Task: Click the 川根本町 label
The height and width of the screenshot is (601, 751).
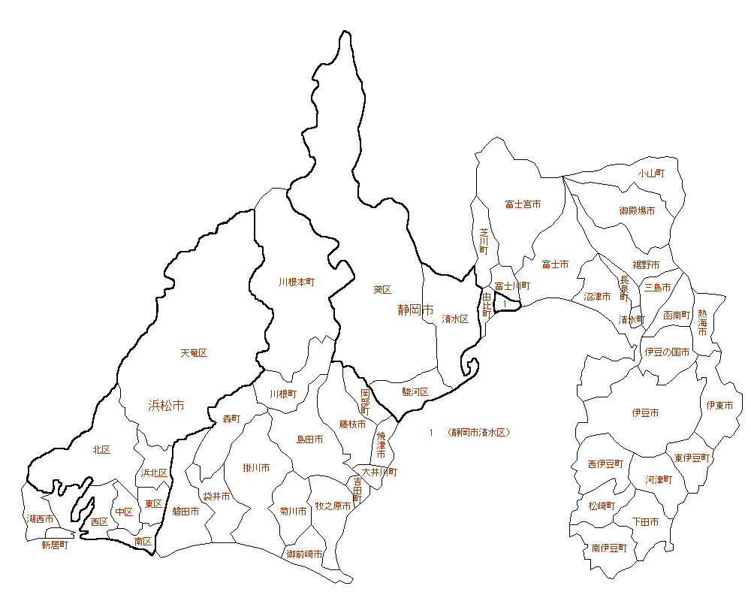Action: click(x=297, y=282)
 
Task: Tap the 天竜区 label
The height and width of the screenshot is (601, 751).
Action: click(x=194, y=353)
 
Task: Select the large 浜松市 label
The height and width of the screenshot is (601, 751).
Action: click(x=166, y=406)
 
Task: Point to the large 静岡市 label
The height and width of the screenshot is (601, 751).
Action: click(x=416, y=310)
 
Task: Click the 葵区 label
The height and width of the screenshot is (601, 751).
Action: click(x=382, y=289)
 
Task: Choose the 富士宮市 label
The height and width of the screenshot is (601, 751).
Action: click(x=523, y=204)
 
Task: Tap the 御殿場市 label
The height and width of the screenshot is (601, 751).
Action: click(x=637, y=211)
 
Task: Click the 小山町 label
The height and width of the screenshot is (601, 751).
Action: click(x=652, y=173)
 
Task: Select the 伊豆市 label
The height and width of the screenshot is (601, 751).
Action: click(x=646, y=413)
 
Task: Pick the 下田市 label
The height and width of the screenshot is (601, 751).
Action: click(x=646, y=521)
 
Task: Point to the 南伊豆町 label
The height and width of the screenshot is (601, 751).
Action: click(x=609, y=548)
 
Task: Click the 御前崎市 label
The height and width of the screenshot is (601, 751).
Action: click(x=305, y=554)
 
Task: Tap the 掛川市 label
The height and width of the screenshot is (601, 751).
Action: click(x=257, y=468)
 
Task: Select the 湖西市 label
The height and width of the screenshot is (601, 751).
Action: click(x=40, y=519)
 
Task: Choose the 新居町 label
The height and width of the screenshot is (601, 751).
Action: click(x=55, y=545)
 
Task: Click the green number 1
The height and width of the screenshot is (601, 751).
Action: click(x=432, y=433)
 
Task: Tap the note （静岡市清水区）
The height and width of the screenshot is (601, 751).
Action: click(x=478, y=433)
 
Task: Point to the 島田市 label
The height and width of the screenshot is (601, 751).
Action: click(x=309, y=439)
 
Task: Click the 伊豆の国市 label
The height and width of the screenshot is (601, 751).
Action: click(x=668, y=352)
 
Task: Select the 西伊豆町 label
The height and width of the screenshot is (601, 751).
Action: click(x=605, y=464)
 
